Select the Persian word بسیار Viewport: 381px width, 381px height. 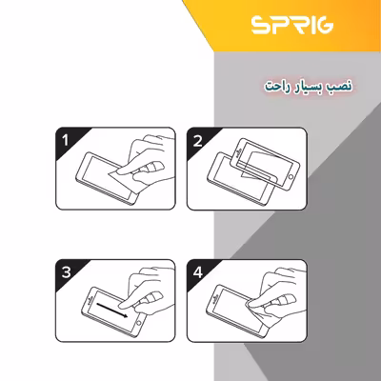click(x=304, y=86)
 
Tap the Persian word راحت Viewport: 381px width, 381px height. click(x=273, y=86)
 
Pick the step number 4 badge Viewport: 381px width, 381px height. click(x=198, y=271)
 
